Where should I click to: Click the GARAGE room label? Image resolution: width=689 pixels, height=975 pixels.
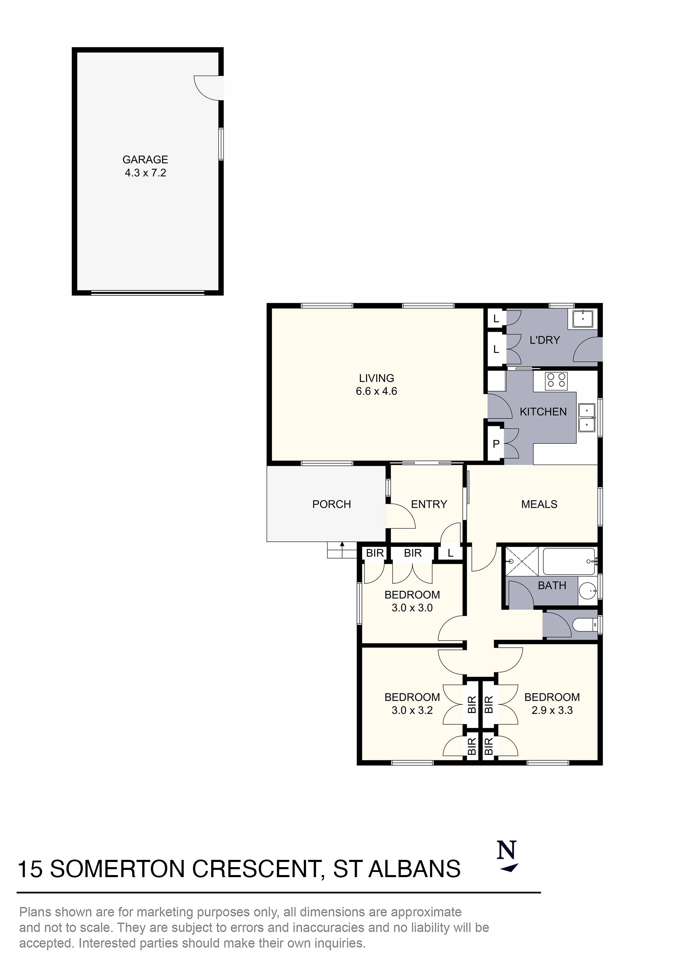(145, 159)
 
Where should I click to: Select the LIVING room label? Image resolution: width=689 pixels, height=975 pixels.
(376, 378)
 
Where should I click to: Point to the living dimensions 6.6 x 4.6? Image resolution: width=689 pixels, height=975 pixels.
(376, 391)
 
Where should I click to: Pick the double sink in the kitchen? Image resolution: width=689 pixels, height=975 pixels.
(587, 417)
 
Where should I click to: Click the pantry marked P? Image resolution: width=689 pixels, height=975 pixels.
(495, 444)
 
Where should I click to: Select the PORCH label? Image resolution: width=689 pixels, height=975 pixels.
(331, 504)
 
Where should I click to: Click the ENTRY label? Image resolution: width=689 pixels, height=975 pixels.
(429, 504)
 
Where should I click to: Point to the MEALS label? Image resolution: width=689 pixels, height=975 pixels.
(539, 504)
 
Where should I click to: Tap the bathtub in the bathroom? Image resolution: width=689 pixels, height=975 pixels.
(569, 561)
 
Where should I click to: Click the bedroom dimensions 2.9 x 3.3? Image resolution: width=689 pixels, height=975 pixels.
(552, 710)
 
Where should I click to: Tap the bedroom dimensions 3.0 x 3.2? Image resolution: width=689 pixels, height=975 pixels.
(412, 710)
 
